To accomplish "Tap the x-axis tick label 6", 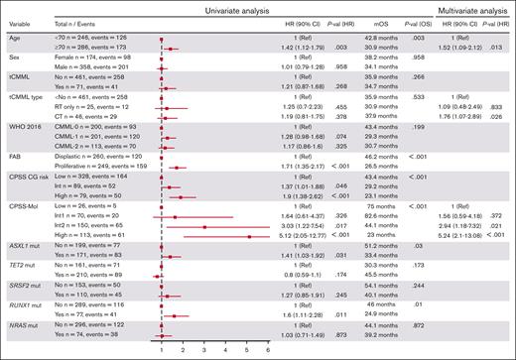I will (268, 349).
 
